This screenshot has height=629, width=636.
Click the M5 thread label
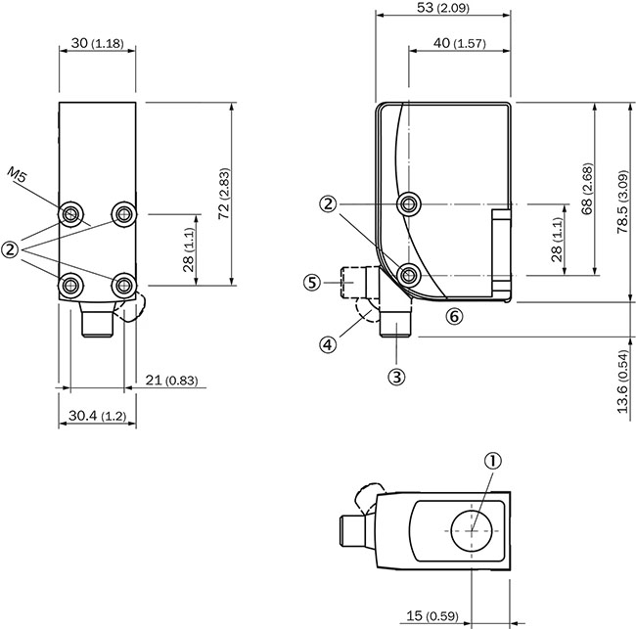click(x=17, y=176)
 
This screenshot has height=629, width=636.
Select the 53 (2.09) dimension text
click(x=443, y=8)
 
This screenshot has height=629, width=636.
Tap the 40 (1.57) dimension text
click(x=459, y=43)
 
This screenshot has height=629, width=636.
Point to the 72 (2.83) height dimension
click(x=224, y=194)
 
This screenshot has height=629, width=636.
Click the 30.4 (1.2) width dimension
click(x=97, y=416)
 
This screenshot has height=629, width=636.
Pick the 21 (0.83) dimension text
click(x=171, y=380)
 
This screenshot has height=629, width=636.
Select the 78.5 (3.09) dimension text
click(x=622, y=202)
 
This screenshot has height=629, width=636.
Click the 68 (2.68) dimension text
click(x=587, y=188)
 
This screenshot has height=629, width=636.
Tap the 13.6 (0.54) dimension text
click(x=622, y=382)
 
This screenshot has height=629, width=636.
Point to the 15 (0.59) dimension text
click(x=432, y=615)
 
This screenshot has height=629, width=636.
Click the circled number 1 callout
click(x=493, y=461)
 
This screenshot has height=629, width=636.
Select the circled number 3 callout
click(x=396, y=377)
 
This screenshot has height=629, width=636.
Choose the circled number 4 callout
click(x=328, y=344)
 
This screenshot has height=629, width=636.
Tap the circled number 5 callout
click(x=312, y=282)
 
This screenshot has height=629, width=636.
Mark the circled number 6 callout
click(x=454, y=316)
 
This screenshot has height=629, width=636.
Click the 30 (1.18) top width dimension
click(x=97, y=43)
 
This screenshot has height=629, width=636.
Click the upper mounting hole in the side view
click(x=408, y=204)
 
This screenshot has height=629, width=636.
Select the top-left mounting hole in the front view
click(x=71, y=213)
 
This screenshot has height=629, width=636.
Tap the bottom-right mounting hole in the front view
click(x=124, y=285)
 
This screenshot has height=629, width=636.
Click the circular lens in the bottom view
click(x=472, y=531)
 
